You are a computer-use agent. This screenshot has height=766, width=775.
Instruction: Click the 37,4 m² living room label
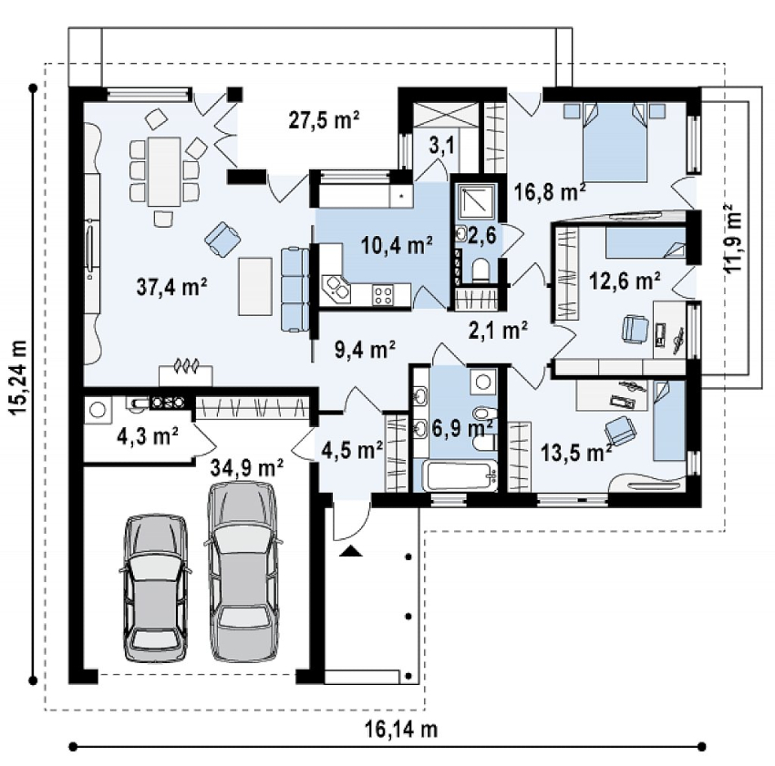[171, 287]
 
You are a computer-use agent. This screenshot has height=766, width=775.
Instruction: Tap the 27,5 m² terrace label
[324, 119]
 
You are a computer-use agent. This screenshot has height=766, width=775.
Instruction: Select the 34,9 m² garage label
[247, 466]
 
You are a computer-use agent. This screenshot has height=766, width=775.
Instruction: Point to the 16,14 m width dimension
[401, 729]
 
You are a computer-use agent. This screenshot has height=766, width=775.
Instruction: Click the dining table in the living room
[164, 171]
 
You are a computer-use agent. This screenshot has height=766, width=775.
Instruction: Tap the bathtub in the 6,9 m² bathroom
[460, 475]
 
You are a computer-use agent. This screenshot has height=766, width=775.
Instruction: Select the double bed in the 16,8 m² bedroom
[615, 142]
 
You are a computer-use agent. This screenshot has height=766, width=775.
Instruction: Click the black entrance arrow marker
[350, 551]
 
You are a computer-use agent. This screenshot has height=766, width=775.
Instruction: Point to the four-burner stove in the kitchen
[383, 295]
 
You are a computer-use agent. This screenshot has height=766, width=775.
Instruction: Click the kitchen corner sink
[336, 290]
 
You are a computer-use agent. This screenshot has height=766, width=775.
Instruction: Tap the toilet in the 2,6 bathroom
[480, 271]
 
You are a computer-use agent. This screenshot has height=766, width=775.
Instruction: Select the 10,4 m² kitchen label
[397, 244]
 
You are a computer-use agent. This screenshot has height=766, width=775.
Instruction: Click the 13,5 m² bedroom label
[576, 452]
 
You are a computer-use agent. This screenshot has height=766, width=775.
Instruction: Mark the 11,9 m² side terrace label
[733, 239]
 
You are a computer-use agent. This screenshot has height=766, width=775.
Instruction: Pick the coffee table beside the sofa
[255, 286]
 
